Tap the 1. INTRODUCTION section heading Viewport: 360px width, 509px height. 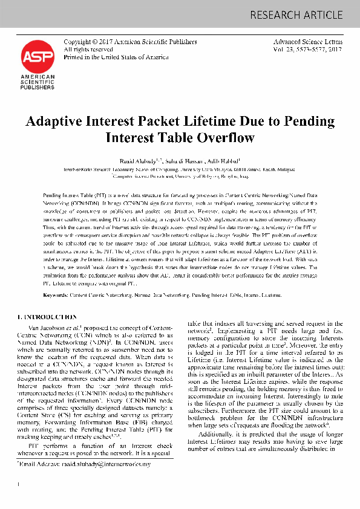pos(42,316)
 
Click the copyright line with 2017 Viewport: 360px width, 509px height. pos(130,42)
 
